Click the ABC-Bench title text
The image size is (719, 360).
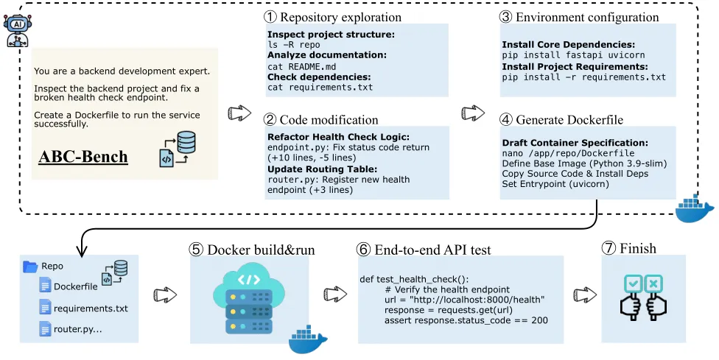pos(84,157)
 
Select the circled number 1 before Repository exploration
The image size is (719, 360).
pos(271,16)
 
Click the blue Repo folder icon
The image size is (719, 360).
pos(30,267)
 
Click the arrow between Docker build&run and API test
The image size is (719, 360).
pos(335,294)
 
